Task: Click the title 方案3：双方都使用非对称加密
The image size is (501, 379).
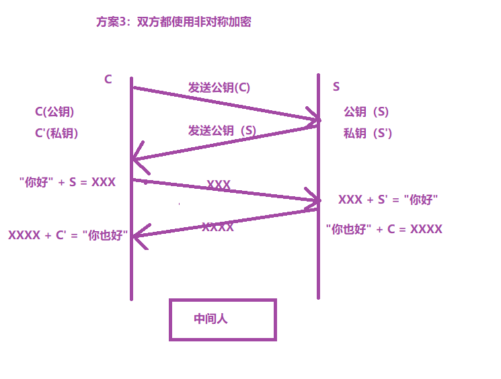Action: [174, 22]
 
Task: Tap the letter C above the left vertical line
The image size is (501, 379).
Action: [108, 79]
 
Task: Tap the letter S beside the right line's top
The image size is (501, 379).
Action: [336, 87]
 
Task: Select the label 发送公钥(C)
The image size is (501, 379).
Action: [219, 87]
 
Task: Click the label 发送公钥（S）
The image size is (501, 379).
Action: [222, 130]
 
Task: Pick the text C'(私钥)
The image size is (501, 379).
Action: [56, 133]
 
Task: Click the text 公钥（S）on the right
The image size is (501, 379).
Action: [366, 112]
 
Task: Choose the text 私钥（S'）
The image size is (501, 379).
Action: [367, 133]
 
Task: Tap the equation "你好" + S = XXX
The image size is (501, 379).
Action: [67, 182]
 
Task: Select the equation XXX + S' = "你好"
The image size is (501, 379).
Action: [388, 200]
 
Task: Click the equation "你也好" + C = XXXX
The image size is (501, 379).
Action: [384, 229]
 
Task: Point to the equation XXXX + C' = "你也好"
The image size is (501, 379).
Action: [68, 235]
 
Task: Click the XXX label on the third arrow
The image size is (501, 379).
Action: [219, 185]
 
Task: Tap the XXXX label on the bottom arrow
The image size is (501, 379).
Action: [218, 227]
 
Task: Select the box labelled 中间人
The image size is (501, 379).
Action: [223, 320]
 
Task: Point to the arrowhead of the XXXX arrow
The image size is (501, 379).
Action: [137, 235]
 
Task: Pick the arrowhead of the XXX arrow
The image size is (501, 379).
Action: [315, 200]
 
